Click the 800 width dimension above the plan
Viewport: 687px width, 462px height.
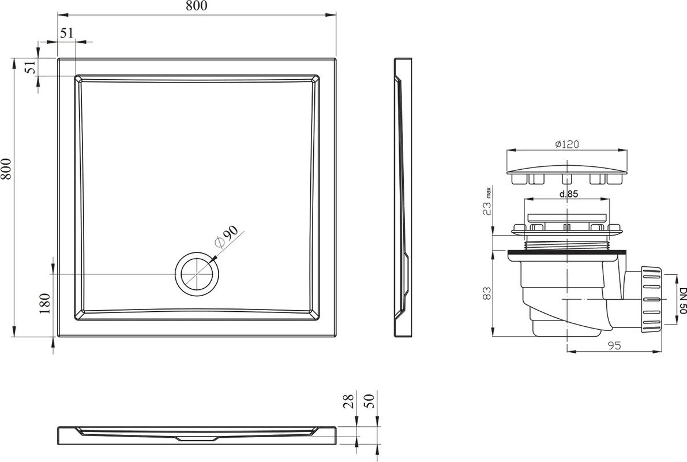[x=196, y=6]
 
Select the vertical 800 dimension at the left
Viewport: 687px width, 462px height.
[x=6, y=169]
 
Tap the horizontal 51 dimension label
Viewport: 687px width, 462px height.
[x=66, y=33]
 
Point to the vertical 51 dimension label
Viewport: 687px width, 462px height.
[x=29, y=68]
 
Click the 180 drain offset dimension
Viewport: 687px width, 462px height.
[x=45, y=303]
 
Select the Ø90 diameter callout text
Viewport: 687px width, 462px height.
[x=225, y=238]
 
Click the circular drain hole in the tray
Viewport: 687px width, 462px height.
[x=197, y=274]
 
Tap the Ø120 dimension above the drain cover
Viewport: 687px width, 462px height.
[x=567, y=144]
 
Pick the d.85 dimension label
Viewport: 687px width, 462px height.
[x=568, y=193]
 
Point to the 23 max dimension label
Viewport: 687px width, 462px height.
[x=488, y=202]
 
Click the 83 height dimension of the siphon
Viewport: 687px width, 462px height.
[x=487, y=293]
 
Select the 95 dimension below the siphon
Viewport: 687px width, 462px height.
[x=615, y=346]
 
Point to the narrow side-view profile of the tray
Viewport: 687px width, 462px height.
[x=403, y=197]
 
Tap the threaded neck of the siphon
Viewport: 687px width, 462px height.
[x=567, y=244]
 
